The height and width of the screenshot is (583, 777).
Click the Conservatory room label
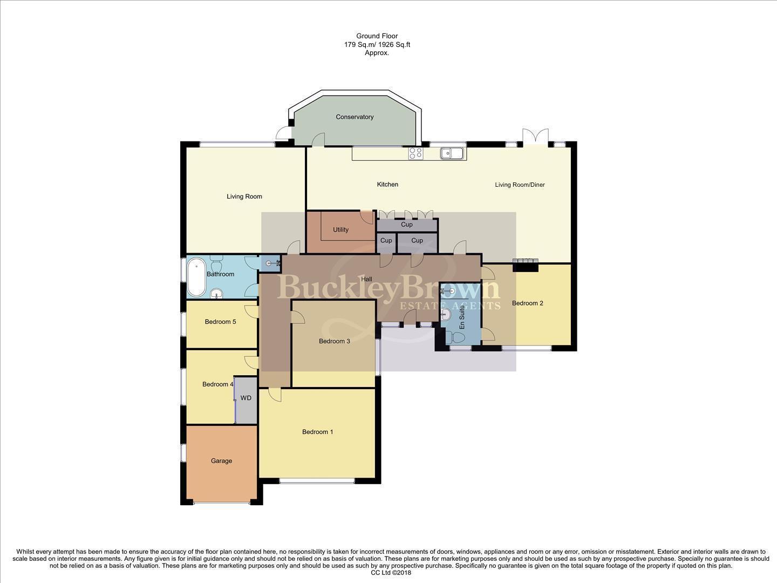pyautogui.click(x=355, y=117)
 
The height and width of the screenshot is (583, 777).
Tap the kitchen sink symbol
pyautogui.click(x=452, y=153)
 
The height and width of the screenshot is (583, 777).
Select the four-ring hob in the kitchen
pyautogui.click(x=415, y=153)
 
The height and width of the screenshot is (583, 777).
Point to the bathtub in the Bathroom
pyautogui.click(x=197, y=277)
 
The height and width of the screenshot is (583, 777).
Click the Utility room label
pyautogui.click(x=340, y=230)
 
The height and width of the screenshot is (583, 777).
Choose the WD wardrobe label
pyautogui.click(x=246, y=398)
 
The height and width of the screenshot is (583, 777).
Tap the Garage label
pyautogui.click(x=221, y=461)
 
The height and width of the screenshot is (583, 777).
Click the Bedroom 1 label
pyautogui.click(x=317, y=432)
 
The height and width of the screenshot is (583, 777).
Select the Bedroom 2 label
pyautogui.click(x=527, y=303)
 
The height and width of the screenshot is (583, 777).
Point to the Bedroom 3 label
pyautogui.click(x=334, y=341)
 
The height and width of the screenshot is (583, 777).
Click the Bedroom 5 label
pyautogui.click(x=220, y=322)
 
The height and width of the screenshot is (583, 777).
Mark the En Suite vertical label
pyautogui.click(x=462, y=317)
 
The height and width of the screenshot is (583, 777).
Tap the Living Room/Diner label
pyautogui.click(x=520, y=185)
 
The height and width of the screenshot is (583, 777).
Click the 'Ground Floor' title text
pyautogui.click(x=377, y=36)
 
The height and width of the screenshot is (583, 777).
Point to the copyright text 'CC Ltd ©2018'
pyautogui.click(x=388, y=573)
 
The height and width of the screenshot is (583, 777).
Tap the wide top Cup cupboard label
pyautogui.click(x=407, y=225)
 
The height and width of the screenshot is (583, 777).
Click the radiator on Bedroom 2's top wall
pyautogui.click(x=526, y=262)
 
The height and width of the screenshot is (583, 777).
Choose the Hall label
pyautogui.click(x=366, y=280)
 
